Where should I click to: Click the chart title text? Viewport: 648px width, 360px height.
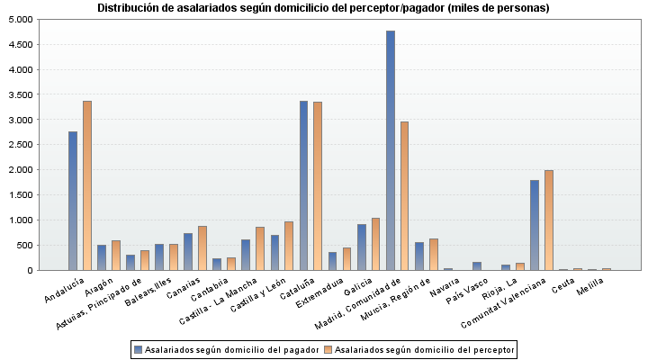pos(323,8)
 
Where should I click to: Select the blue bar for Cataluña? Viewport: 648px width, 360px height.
pos(304,185)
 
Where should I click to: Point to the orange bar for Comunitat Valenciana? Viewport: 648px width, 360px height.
pos(549,220)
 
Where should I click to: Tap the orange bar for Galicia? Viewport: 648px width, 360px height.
pos(376,244)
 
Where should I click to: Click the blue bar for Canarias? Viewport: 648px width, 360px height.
pos(188,252)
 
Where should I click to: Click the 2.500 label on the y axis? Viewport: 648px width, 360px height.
pos(20,145)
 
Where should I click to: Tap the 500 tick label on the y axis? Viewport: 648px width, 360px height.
pos(24,245)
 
